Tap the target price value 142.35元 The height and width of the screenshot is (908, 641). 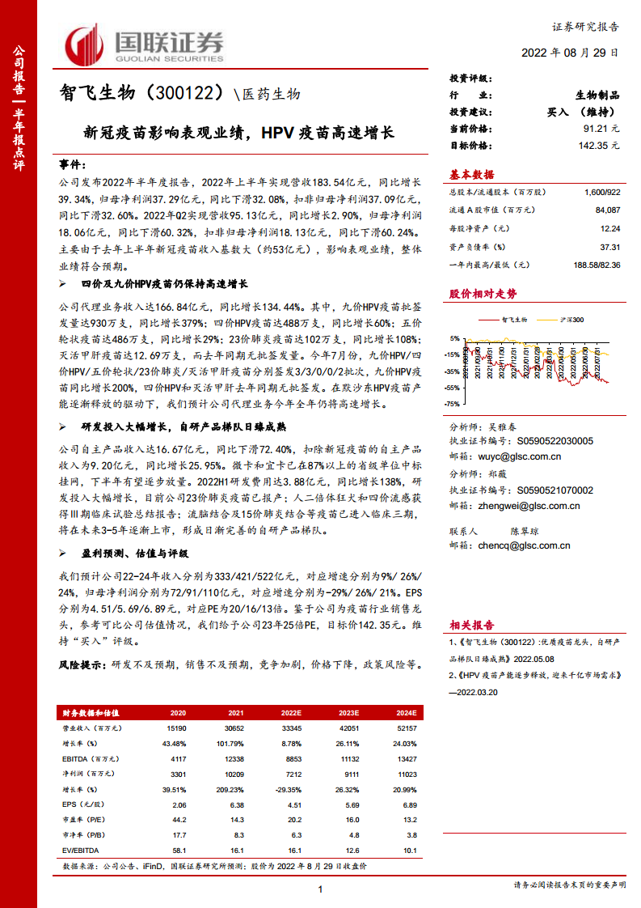point(597,146)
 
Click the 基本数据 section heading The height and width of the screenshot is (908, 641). point(471,175)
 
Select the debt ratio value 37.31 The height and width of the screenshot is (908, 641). point(609,247)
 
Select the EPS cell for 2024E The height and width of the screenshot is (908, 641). point(408,805)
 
